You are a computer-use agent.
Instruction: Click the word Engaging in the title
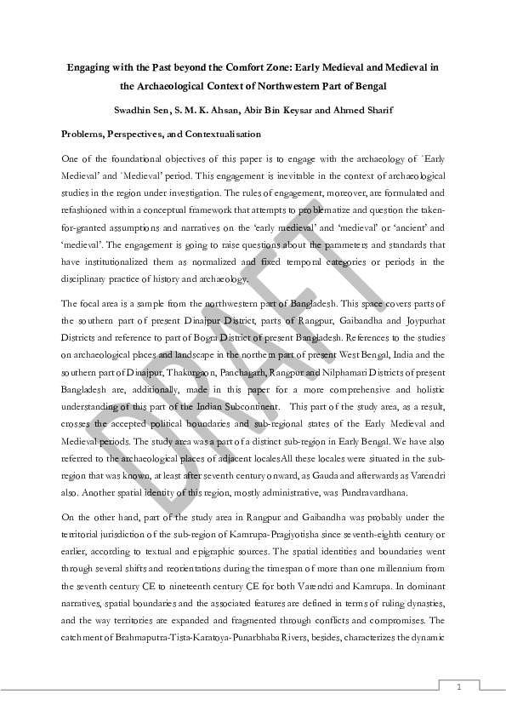click(x=89, y=65)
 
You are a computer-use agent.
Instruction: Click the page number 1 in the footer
click(x=458, y=686)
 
